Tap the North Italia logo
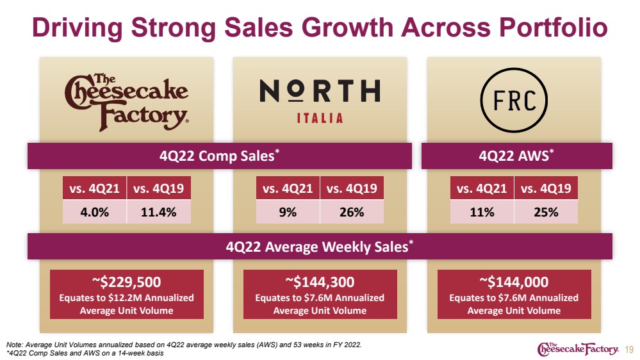320,101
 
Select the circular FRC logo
514,100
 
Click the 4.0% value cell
95,212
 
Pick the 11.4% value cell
159,212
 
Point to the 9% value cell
288,212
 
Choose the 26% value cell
352,212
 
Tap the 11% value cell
482,212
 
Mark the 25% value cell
546,212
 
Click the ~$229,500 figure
127,282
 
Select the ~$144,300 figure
320,282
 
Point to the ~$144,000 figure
514,282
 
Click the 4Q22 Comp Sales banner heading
219,156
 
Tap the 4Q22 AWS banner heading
516,156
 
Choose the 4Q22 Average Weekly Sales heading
320,247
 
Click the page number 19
629,350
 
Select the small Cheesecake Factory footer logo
578,348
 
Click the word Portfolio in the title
554,28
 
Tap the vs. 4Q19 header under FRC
546,188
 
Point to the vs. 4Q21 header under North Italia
288,188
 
